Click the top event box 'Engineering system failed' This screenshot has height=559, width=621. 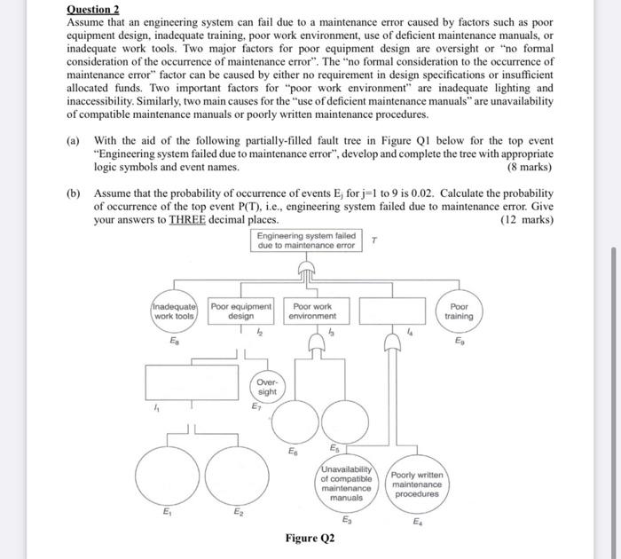tap(307, 240)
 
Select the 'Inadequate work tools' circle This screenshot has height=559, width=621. tap(174, 311)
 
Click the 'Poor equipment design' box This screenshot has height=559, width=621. tap(241, 311)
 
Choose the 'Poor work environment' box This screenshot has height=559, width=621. tap(313, 311)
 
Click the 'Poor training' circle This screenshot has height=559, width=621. tap(459, 311)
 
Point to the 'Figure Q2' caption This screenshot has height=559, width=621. tap(310, 539)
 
